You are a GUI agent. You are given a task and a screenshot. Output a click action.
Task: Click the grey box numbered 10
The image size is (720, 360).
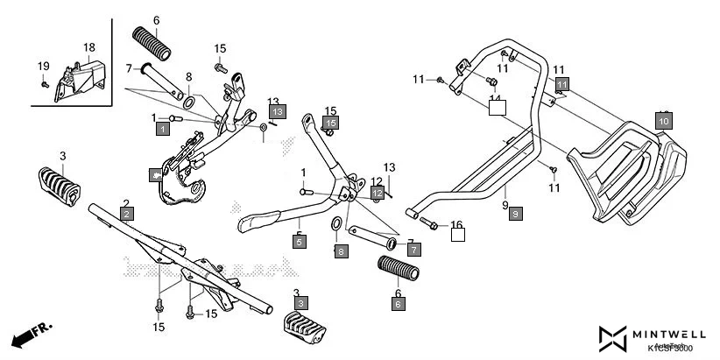click(663, 120)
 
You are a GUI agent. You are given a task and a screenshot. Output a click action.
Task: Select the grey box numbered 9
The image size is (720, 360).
click(515, 214)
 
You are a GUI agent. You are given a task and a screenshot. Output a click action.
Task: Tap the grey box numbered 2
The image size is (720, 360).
click(127, 214)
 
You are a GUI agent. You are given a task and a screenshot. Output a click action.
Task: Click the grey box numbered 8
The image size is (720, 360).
click(341, 251)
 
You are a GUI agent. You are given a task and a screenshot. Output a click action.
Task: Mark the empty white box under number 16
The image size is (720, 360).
click(456, 234)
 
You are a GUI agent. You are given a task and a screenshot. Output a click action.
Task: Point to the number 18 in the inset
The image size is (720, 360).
click(89, 47)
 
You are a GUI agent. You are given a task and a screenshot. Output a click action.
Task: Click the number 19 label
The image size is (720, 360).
click(43, 67)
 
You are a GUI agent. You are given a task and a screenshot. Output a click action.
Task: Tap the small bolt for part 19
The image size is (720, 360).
click(45, 83)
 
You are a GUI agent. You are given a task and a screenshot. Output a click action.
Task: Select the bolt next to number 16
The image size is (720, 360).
click(430, 224)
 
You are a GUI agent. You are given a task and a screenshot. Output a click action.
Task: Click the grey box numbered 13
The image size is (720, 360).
click(277, 112)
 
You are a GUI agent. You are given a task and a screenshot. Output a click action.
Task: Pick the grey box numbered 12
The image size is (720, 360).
click(377, 192)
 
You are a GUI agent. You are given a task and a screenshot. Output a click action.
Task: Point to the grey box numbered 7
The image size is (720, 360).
click(413, 250)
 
